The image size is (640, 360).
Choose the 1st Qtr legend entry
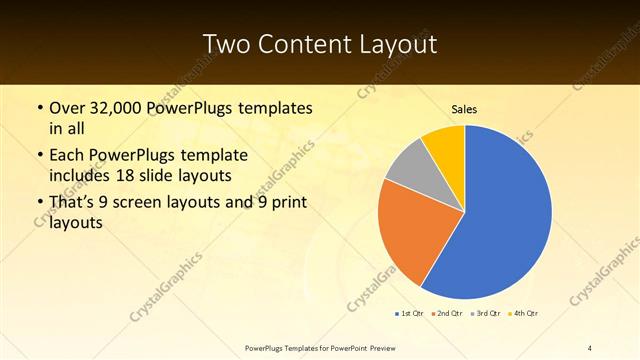coord(411,314)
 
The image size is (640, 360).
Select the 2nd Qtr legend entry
coord(447,314)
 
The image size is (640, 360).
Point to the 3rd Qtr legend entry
coord(485,314)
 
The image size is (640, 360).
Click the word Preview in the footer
coord(389,348)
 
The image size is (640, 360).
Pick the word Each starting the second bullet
coord(67,156)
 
